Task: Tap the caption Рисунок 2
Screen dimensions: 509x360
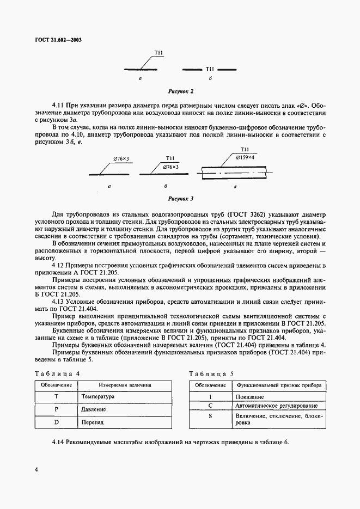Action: tap(180, 91)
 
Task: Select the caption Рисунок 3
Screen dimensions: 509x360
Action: tap(180, 199)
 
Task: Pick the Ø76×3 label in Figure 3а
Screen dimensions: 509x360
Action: tap(120, 158)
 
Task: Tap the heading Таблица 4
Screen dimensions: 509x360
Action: tap(57, 373)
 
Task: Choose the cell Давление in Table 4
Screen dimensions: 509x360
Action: tap(94, 409)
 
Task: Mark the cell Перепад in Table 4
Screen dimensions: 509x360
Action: tap(93, 422)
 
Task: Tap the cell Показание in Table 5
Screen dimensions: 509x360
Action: tap(250, 397)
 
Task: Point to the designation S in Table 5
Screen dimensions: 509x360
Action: tap(210, 416)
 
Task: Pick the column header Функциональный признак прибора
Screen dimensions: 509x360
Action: tap(278, 385)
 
